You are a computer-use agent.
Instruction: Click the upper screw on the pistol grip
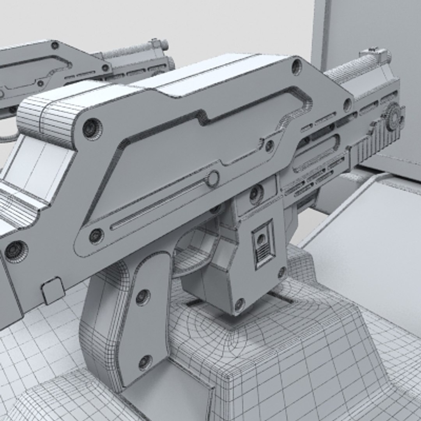(143, 297)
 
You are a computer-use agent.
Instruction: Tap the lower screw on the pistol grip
(145, 362)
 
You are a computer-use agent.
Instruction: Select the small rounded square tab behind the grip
(53, 290)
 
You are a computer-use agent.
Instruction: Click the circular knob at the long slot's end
(213, 179)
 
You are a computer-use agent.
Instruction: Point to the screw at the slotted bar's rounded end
(96, 235)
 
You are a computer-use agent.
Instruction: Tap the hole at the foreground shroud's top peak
(296, 66)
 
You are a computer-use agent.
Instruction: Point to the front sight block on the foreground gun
(375, 57)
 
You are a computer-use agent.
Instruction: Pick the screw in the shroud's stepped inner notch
(269, 146)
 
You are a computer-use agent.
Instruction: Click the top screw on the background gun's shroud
(55, 46)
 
